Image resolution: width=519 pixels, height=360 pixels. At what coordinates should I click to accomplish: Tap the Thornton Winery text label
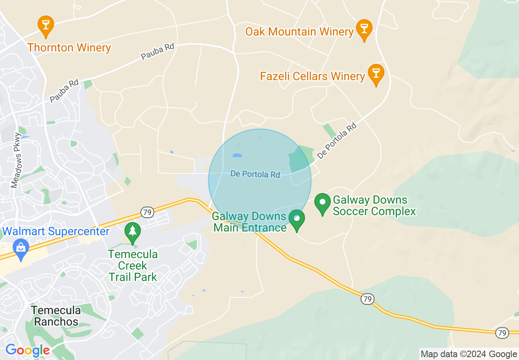pyautogui.click(x=69, y=47)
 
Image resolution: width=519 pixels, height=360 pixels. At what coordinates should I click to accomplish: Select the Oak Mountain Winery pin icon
pyautogui.click(x=364, y=29)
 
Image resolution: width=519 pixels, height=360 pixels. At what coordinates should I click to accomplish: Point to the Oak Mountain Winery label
pyautogui.click(x=299, y=32)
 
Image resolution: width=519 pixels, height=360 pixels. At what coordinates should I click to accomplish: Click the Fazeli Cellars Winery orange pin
pyautogui.click(x=376, y=74)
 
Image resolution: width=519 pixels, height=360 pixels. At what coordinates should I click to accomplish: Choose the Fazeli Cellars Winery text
pyautogui.click(x=312, y=76)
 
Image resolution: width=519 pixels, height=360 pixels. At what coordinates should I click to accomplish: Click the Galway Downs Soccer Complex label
pyautogui.click(x=374, y=205)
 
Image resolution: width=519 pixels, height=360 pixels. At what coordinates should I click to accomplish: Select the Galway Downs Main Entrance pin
pyautogui.click(x=297, y=219)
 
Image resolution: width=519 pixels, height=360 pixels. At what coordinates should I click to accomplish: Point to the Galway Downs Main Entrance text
pyautogui.click(x=249, y=222)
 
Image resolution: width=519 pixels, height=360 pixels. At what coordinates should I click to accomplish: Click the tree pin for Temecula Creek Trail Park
pyautogui.click(x=133, y=232)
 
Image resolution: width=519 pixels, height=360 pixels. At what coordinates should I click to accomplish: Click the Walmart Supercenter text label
pyautogui.click(x=55, y=232)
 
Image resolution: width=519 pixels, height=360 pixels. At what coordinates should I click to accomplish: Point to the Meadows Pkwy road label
pyautogui.click(x=16, y=160)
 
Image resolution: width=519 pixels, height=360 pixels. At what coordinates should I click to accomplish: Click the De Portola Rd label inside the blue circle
pyautogui.click(x=255, y=174)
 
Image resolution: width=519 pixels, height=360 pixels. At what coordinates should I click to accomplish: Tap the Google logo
pyautogui.click(x=27, y=350)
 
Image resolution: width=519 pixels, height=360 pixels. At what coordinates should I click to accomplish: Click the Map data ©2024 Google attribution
pyautogui.click(x=469, y=354)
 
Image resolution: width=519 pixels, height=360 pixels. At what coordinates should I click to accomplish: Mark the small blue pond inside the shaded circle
pyautogui.click(x=237, y=155)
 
